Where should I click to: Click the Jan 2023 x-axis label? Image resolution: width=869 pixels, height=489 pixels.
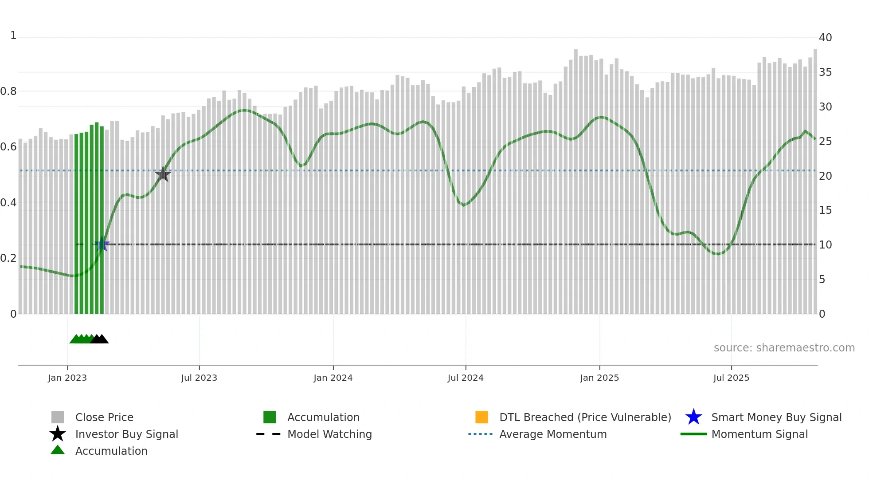click(67, 378)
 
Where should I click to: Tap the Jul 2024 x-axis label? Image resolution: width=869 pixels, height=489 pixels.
click(466, 378)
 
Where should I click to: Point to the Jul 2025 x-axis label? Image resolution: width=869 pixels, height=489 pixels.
click(731, 378)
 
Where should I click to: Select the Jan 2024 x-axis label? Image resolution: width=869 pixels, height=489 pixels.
click(333, 378)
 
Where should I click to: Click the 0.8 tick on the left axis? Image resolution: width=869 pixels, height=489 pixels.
click(8, 91)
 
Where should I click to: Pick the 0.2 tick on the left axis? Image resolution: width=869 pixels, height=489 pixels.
click(8, 258)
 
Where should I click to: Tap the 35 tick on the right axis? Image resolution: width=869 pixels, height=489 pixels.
click(825, 72)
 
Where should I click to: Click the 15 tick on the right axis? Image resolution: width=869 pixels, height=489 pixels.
click(825, 210)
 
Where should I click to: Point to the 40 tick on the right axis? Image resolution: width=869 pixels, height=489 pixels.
click(825, 38)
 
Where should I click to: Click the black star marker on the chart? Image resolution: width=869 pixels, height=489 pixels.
click(163, 174)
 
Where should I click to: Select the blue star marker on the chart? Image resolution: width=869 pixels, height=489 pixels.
click(102, 244)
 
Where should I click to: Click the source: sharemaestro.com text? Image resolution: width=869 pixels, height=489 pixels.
click(784, 348)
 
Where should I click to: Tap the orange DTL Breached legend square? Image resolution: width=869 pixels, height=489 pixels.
click(481, 417)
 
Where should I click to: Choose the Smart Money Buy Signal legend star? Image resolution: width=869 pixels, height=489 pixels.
click(693, 417)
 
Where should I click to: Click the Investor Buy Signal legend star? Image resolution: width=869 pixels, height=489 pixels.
click(58, 434)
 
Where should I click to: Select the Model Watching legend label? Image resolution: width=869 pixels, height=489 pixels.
click(329, 434)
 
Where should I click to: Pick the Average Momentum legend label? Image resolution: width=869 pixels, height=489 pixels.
click(553, 434)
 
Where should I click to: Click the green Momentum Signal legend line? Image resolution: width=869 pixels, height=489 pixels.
click(693, 434)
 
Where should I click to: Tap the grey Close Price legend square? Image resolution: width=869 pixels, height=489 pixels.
click(58, 417)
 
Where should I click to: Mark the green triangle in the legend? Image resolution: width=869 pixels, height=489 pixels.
click(58, 450)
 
